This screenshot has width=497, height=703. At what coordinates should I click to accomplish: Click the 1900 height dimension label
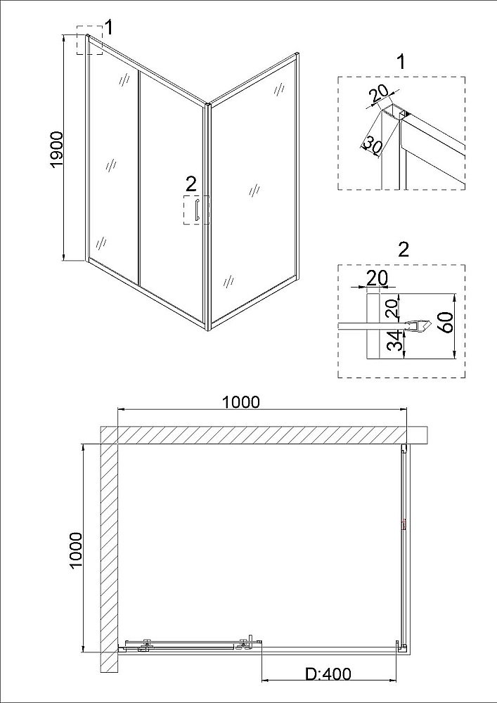click(x=57, y=148)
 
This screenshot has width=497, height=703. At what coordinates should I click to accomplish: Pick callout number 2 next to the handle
click(x=191, y=185)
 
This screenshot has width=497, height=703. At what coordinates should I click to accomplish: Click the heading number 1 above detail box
click(x=401, y=62)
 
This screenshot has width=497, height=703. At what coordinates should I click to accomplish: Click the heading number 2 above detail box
click(x=402, y=249)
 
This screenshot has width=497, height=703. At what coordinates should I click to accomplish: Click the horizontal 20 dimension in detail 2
click(x=377, y=278)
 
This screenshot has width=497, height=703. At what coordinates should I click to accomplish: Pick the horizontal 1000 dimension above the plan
click(x=240, y=402)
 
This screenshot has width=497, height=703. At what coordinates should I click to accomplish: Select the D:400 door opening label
click(x=328, y=673)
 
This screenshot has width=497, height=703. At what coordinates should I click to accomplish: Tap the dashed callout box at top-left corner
click(x=90, y=39)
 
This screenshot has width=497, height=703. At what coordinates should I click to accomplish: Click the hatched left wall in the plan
click(x=108, y=555)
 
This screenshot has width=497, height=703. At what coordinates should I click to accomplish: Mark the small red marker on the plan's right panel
click(x=404, y=524)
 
